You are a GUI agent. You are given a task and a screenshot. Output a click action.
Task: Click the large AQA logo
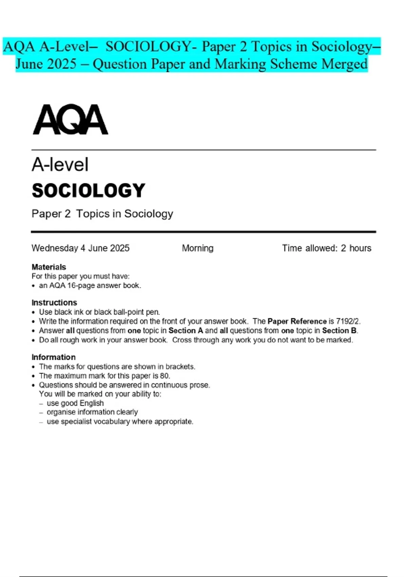coord(71,120)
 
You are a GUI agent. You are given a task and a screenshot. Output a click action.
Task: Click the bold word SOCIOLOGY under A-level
coord(89,190)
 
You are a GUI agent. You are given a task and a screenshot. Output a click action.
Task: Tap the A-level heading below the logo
coord(60,165)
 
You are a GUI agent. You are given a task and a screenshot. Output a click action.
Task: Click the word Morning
coord(198,248)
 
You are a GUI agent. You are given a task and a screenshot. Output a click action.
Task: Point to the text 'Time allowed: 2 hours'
coord(326,248)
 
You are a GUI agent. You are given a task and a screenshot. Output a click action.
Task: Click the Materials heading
coord(49,267)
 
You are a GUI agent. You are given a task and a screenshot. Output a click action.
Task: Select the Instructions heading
coord(54,302)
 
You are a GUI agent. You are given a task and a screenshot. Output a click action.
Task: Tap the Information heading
coord(54,357)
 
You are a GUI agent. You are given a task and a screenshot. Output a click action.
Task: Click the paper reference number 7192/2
coord(348,321)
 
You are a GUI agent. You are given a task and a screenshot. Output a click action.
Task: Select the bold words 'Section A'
coord(186,331)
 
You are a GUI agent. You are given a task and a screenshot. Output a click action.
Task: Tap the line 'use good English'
coord(75,403)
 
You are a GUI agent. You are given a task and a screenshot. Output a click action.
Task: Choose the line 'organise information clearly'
coord(92,412)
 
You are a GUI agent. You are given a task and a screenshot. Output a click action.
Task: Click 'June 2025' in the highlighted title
coord(46,64)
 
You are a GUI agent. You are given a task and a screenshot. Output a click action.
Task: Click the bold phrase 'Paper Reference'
coord(297,321)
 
